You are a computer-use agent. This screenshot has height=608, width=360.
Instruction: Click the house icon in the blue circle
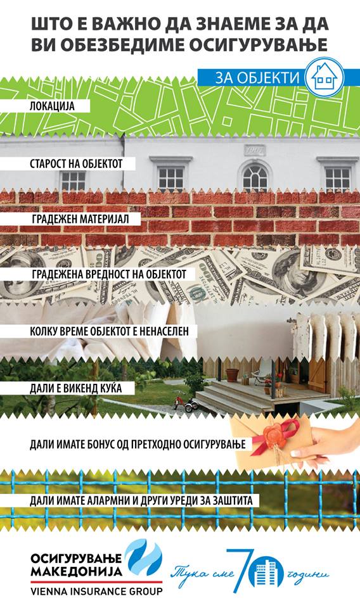click(325, 77)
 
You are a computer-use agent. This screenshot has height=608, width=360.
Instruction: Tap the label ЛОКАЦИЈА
click(52, 106)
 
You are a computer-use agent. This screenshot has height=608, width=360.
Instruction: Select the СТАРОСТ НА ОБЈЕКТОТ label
click(76, 163)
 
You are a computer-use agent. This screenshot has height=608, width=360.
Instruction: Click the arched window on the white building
click(255, 177)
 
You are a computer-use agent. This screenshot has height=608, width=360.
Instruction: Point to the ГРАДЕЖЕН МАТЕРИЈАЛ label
click(80, 218)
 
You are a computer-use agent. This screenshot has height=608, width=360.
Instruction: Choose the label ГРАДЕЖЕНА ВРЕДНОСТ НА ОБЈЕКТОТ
click(109, 274)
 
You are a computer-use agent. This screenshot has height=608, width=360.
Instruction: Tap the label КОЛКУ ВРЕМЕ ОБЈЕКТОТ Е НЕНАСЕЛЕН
click(109, 331)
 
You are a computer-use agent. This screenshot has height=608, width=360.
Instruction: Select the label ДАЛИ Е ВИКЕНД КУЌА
click(75, 388)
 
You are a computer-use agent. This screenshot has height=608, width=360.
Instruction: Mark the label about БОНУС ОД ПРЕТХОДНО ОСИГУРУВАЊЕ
click(138, 444)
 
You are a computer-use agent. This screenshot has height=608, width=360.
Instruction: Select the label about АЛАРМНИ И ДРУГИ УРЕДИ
click(141, 500)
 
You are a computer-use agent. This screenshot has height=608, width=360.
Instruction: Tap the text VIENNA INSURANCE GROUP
click(96, 592)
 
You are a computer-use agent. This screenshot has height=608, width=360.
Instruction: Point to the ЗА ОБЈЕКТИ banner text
click(257, 77)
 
